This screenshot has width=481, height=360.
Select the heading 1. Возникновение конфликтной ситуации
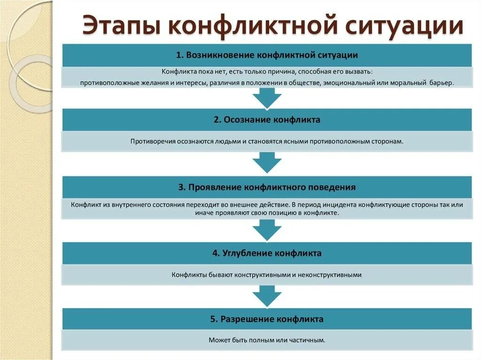267,55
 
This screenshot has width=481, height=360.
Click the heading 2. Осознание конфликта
267,120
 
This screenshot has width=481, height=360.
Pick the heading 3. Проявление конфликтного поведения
267,187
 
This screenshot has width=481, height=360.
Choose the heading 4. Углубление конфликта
267,253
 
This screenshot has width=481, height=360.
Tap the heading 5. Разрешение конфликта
267,319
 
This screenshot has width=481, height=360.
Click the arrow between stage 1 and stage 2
267,98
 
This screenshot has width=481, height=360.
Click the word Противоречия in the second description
151,141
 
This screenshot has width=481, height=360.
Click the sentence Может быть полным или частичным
267,340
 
